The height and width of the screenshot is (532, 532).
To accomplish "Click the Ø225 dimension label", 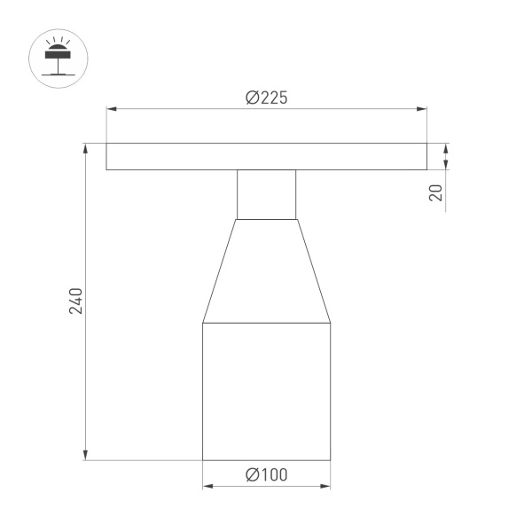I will click(x=266, y=98).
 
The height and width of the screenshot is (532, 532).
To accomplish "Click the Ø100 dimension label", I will click(x=266, y=475).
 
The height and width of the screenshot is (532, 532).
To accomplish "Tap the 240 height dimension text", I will click(x=76, y=301).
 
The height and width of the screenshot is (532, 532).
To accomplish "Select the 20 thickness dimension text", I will click(x=436, y=192).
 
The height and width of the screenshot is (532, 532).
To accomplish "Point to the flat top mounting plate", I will click(x=266, y=156).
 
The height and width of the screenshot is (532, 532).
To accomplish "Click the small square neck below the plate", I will click(x=266, y=194).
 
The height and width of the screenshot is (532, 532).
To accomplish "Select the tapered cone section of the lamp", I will click(x=266, y=270).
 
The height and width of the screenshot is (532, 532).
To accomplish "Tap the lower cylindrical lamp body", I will click(x=266, y=390).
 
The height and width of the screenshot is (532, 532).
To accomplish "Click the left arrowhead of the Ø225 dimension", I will click(x=112, y=110).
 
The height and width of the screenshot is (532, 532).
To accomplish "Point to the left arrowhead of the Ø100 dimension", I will click(x=207, y=486).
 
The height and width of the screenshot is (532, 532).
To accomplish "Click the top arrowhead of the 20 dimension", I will click(x=446, y=148).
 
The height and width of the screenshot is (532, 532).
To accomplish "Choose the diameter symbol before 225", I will click(x=251, y=98).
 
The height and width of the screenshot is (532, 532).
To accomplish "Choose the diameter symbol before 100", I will click(x=251, y=475).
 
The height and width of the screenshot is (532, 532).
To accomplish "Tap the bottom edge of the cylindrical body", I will click(x=266, y=460).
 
